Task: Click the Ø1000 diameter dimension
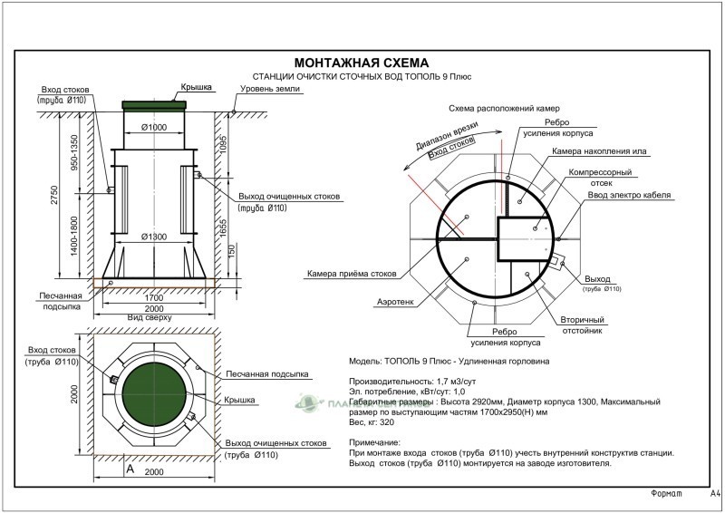156,127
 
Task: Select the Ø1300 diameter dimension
156,237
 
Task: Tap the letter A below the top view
130,469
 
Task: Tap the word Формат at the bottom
670,494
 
